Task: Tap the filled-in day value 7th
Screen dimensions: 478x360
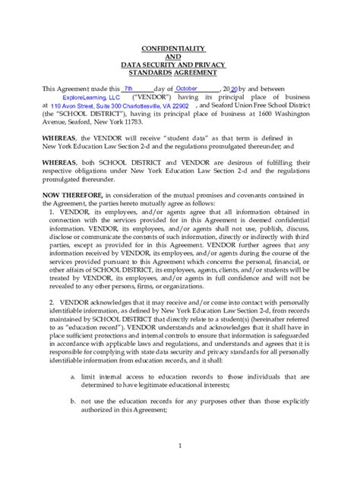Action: [133, 89]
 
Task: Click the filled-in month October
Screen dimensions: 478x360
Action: [186, 89]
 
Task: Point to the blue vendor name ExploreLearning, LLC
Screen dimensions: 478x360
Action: [91, 98]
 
